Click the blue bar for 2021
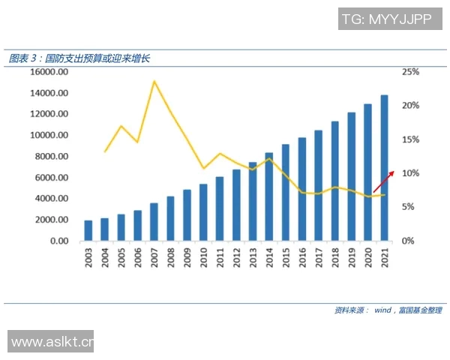385,168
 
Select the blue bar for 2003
88,231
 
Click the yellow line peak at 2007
154,81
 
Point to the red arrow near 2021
383,181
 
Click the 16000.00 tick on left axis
49,72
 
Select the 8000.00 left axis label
52,157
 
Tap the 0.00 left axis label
59,241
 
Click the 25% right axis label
411,72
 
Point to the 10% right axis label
411,173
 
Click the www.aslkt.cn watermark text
51,342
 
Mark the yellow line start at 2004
105,151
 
